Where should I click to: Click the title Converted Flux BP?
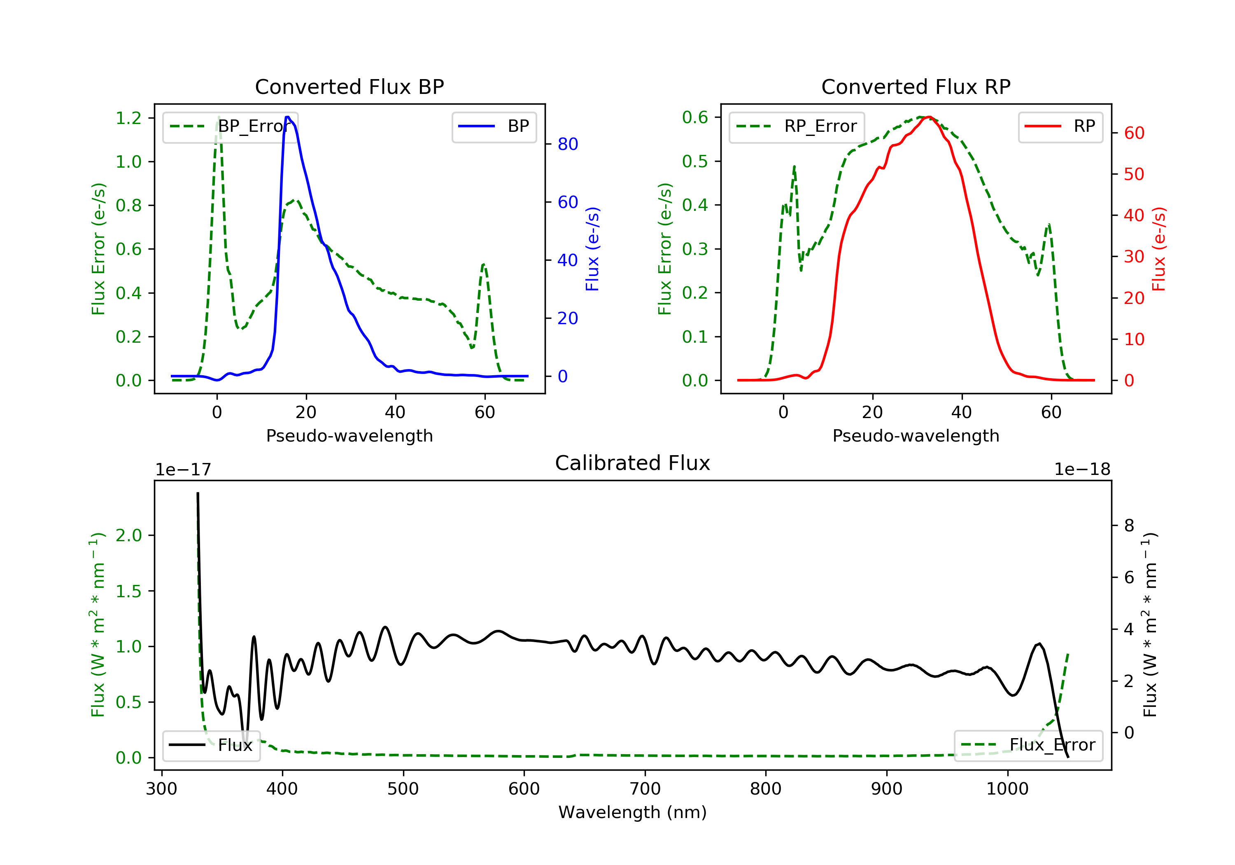pyautogui.click(x=349, y=86)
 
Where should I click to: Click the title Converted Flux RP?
pyautogui.click(x=916, y=86)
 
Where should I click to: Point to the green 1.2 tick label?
pyautogui.click(x=128, y=118)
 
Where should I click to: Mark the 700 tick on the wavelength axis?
pyautogui.click(x=645, y=789)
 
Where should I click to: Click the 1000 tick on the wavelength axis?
pyautogui.click(x=1007, y=789)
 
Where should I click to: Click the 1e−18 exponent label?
pyautogui.click(x=1082, y=470)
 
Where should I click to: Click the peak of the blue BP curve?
pyautogui.click(x=288, y=117)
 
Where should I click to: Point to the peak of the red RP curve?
pyautogui.click(x=930, y=117)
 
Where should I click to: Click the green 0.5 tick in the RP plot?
pyautogui.click(x=695, y=161)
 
